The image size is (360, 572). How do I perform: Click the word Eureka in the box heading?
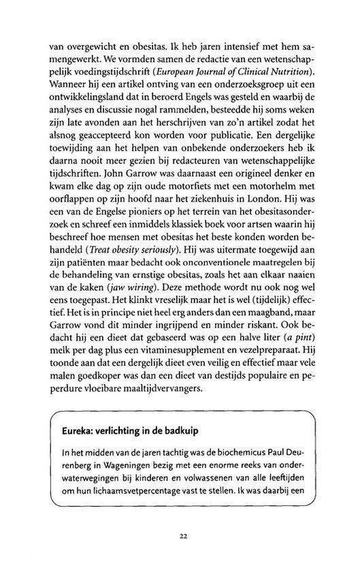pyautogui.click(x=75, y=432)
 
